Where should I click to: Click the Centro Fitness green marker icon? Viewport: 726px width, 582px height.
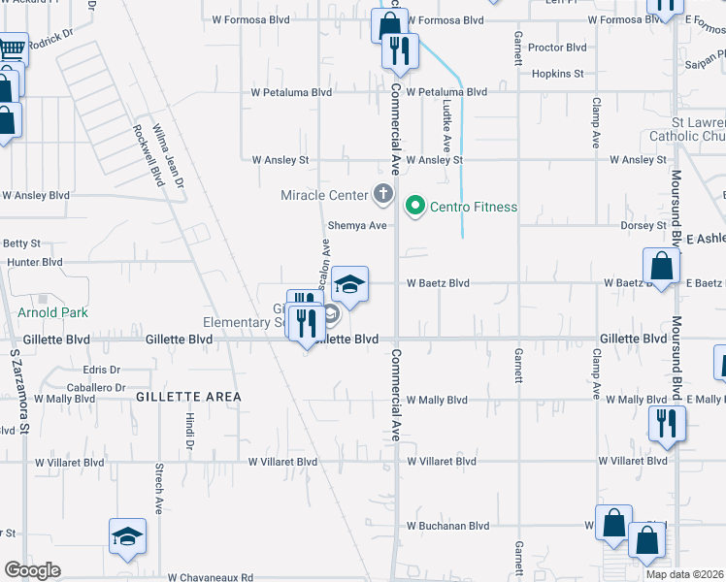click(x=416, y=206)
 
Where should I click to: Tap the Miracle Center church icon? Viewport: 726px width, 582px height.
click(x=383, y=194)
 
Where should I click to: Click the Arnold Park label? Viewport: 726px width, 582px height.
click(x=52, y=312)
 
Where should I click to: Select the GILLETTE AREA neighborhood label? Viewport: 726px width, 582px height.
click(x=188, y=397)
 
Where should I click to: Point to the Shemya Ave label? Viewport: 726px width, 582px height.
click(x=357, y=226)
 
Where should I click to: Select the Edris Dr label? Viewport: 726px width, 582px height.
click(x=101, y=371)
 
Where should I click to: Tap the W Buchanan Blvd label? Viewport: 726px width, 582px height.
click(x=447, y=526)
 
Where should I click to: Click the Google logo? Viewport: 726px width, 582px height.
click(x=33, y=570)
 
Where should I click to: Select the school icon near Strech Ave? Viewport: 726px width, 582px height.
click(x=127, y=537)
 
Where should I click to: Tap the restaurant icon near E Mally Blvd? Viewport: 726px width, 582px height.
click(x=667, y=424)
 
